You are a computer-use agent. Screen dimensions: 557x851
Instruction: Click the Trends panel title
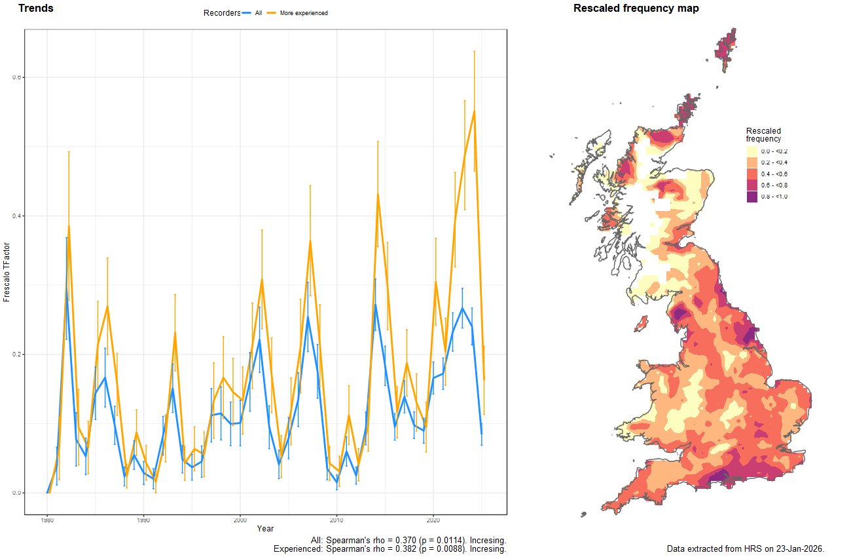36,9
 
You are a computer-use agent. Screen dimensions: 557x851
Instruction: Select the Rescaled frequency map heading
636,9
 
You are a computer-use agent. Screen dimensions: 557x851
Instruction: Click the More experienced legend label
304,13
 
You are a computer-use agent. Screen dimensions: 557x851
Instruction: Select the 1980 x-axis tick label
46,520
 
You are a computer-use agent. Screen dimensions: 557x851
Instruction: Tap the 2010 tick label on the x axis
336,520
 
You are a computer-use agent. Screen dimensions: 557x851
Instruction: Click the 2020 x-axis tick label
433,520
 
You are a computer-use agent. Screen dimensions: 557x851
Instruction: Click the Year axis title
266,529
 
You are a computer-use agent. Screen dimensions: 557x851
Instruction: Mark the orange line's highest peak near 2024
474,111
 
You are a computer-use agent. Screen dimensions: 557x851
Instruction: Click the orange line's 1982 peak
68,226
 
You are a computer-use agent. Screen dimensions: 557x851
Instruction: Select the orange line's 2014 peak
378,194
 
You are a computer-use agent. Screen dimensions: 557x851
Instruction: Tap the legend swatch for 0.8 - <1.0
752,197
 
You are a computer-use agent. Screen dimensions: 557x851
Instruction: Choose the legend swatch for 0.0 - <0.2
752,151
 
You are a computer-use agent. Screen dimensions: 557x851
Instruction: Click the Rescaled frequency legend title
763,134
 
